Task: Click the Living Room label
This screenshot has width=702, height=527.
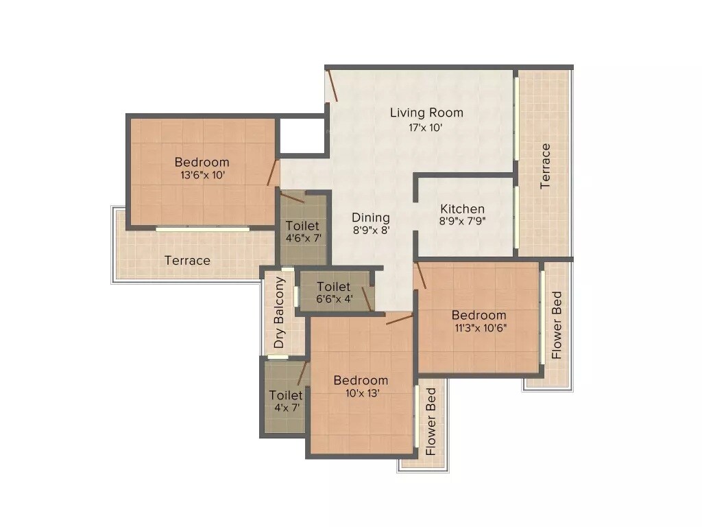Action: pos(426,113)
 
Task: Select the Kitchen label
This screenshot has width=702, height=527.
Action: pos(462,209)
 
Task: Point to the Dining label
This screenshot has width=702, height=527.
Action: pos(371,218)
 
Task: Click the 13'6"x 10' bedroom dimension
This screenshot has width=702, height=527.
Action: pos(202,176)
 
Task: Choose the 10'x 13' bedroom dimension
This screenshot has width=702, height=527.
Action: pos(361,393)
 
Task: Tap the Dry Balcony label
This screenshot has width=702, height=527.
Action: pos(279,313)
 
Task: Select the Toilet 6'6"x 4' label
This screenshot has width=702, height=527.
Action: pos(334,286)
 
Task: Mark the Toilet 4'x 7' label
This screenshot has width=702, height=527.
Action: pos(286,395)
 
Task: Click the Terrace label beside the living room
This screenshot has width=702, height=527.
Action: pos(546,166)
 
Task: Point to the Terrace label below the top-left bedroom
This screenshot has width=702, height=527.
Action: pos(187,261)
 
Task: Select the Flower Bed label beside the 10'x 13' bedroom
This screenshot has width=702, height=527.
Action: pos(431,422)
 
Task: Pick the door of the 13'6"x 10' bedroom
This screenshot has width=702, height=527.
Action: pos(273,173)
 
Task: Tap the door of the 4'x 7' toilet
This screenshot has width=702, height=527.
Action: pos(302,373)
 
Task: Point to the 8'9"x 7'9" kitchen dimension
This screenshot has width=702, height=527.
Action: pos(462,221)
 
